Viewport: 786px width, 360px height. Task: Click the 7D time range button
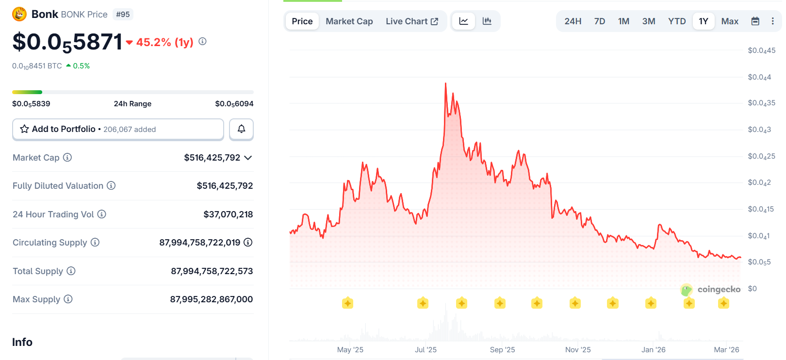(599, 21)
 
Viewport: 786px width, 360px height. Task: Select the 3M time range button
(648, 21)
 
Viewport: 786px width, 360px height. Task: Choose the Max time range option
(729, 21)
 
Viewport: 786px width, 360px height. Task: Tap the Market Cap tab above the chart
(349, 21)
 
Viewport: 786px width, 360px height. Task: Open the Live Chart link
(411, 21)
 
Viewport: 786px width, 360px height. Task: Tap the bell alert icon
(241, 129)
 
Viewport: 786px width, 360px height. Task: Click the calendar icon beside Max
(755, 21)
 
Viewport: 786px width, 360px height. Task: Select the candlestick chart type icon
(487, 21)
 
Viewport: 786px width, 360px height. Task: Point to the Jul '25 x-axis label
(426, 350)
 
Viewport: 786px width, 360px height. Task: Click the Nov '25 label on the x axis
(578, 350)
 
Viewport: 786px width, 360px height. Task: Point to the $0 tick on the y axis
(752, 289)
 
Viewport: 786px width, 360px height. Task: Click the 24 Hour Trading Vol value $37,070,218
(228, 214)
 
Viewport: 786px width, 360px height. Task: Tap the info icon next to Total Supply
(71, 271)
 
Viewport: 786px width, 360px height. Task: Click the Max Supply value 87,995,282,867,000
(211, 299)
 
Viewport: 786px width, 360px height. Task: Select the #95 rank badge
(123, 15)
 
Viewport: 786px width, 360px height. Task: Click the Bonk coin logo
(19, 14)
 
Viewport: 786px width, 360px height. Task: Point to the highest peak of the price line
(445, 83)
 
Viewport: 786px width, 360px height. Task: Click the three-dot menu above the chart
(772, 21)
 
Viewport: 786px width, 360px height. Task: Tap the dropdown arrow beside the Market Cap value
(248, 158)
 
